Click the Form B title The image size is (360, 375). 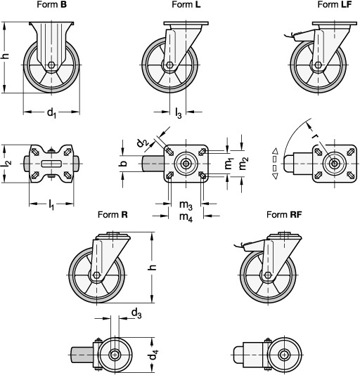(x=51, y=4)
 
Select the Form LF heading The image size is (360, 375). (x=335, y=4)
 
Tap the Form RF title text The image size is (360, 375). (x=284, y=214)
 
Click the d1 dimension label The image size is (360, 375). (x=51, y=112)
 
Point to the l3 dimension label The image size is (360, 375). (x=179, y=113)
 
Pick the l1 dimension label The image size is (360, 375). (x=51, y=205)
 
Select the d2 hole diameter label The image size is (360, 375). (x=143, y=143)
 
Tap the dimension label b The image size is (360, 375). (x=124, y=164)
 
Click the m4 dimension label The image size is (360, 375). (x=186, y=217)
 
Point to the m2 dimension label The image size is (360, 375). (x=243, y=164)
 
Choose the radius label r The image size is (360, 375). (x=315, y=136)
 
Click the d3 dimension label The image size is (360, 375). (x=136, y=313)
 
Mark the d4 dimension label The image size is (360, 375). (x=153, y=355)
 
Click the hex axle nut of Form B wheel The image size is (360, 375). (x=51, y=65)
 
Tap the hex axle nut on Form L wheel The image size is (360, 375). (x=169, y=65)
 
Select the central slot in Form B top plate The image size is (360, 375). (x=51, y=164)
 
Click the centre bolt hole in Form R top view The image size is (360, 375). (x=115, y=355)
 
